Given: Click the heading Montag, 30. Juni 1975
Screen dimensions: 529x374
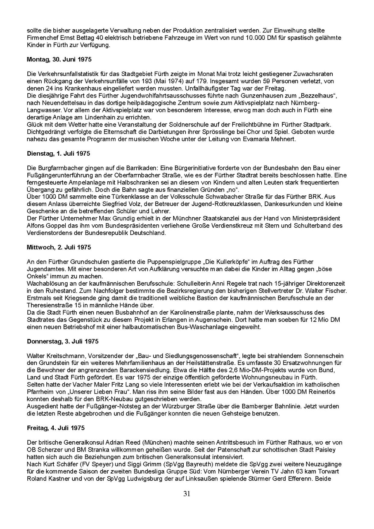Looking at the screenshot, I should coord(59,59).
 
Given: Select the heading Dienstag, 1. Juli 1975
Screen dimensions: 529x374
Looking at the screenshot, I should coord(58,153).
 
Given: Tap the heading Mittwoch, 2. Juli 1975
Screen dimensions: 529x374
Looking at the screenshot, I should coord(59,247).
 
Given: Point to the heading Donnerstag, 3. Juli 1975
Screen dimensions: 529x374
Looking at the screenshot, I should coord(62,341).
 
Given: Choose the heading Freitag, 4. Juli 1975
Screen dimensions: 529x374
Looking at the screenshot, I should coord(56,428).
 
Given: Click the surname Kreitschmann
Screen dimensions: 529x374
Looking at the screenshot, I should coord(64,355).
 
